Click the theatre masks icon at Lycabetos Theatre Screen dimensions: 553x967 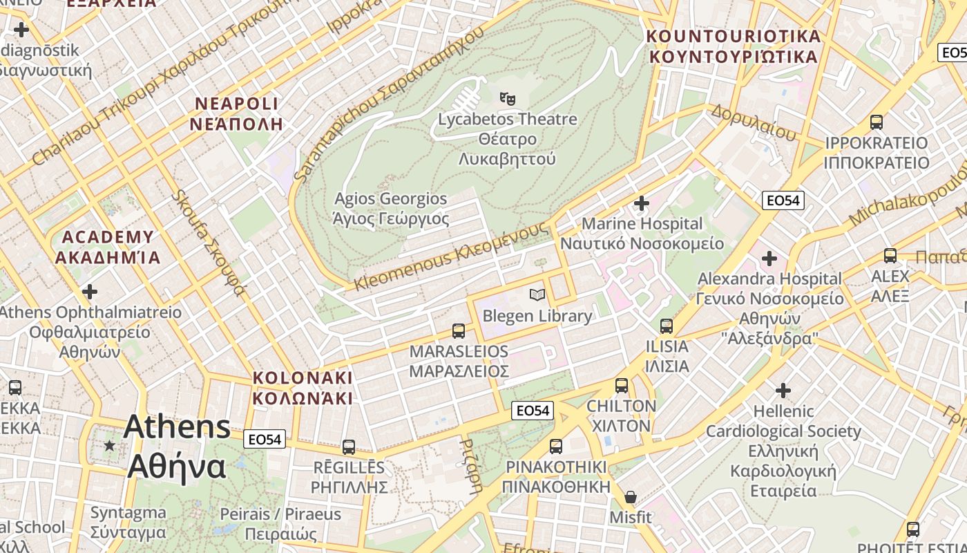pyautogui.click(x=508, y=99)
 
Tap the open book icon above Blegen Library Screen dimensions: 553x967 pyautogui.click(x=537, y=295)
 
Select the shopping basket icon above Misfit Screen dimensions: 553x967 pyautogui.click(x=631, y=497)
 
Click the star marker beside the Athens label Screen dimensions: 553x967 pyautogui.click(x=109, y=445)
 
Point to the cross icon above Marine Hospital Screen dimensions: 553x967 pyautogui.click(x=642, y=203)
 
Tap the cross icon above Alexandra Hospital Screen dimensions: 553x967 pyautogui.click(x=769, y=259)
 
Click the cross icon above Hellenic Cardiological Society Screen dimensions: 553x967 pyautogui.click(x=783, y=391)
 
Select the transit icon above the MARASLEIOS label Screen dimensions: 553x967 pyautogui.click(x=459, y=330)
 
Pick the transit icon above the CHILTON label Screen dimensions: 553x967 pyautogui.click(x=622, y=386)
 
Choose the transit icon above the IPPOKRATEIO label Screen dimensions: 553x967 pyautogui.click(x=877, y=122)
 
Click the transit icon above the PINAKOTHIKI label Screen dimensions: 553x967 pyautogui.click(x=556, y=447)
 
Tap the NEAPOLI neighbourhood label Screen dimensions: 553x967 pyautogui.click(x=237, y=114)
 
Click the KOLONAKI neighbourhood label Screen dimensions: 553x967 pyautogui.click(x=303, y=388)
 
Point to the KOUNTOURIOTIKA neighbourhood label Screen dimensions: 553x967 pyautogui.click(x=734, y=46)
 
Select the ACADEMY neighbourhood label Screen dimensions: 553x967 pyautogui.click(x=108, y=247)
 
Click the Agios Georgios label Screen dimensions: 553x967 pyautogui.click(x=391, y=209)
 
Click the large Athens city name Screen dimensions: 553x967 pyautogui.click(x=177, y=446)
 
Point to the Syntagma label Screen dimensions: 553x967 pyautogui.click(x=128, y=523)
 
